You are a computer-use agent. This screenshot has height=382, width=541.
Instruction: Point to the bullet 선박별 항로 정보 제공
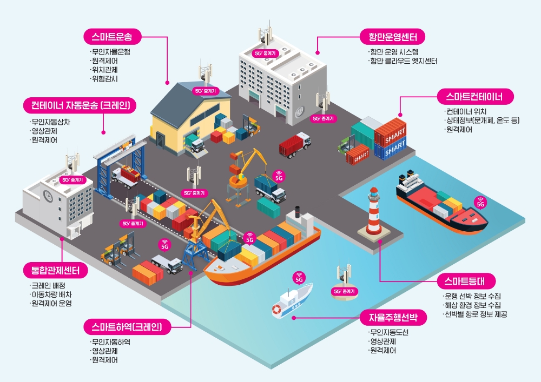point(476,314)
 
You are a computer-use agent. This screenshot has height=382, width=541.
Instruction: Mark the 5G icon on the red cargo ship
point(479,203)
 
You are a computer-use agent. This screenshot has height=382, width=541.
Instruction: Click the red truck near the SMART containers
point(294,144)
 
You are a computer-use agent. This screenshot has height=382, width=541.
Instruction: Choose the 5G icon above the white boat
point(298,279)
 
